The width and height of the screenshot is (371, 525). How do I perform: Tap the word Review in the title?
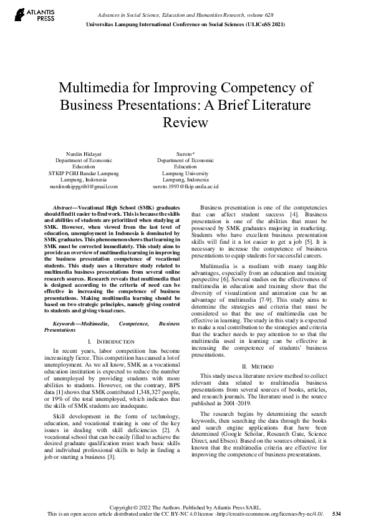[185, 122]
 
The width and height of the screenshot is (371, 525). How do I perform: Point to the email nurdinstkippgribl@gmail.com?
[84, 186]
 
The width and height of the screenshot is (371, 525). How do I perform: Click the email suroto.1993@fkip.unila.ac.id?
[185, 186]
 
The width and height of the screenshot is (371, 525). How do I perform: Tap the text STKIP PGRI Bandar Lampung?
[84, 173]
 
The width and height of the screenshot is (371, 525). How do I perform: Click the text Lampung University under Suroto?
[185, 173]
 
